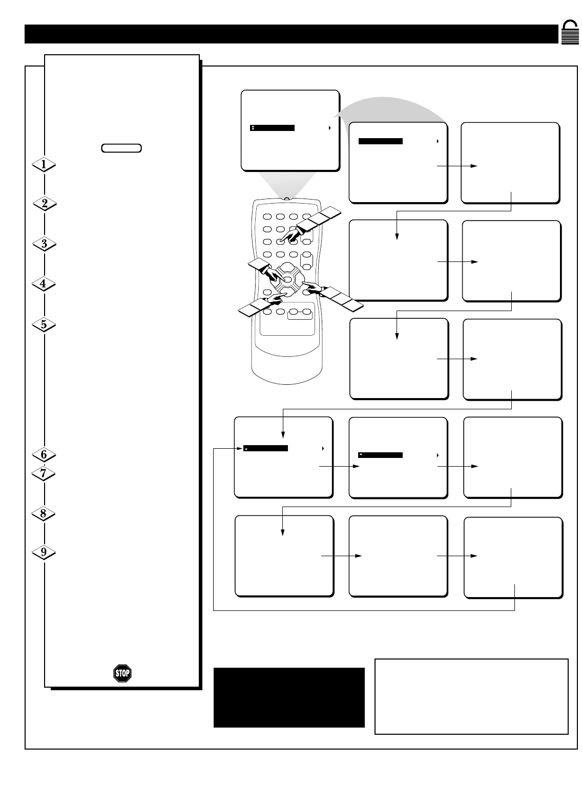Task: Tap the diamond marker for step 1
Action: pyautogui.click(x=44, y=164)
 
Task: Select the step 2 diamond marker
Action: pyautogui.click(x=44, y=204)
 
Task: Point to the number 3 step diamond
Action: pyautogui.click(x=44, y=244)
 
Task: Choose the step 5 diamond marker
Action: pyautogui.click(x=44, y=324)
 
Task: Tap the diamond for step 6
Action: pyautogui.click(x=44, y=454)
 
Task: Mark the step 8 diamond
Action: pyautogui.click(x=44, y=513)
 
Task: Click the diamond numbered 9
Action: pyautogui.click(x=44, y=553)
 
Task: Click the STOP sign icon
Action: pyautogui.click(x=122, y=673)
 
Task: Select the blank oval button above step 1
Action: pyautogui.click(x=121, y=148)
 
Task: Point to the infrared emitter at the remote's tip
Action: pyautogui.click(x=286, y=199)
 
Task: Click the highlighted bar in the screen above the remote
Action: pyautogui.click(x=272, y=128)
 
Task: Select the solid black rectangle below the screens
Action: pyautogui.click(x=289, y=697)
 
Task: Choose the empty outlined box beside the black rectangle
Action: pyautogui.click(x=471, y=696)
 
